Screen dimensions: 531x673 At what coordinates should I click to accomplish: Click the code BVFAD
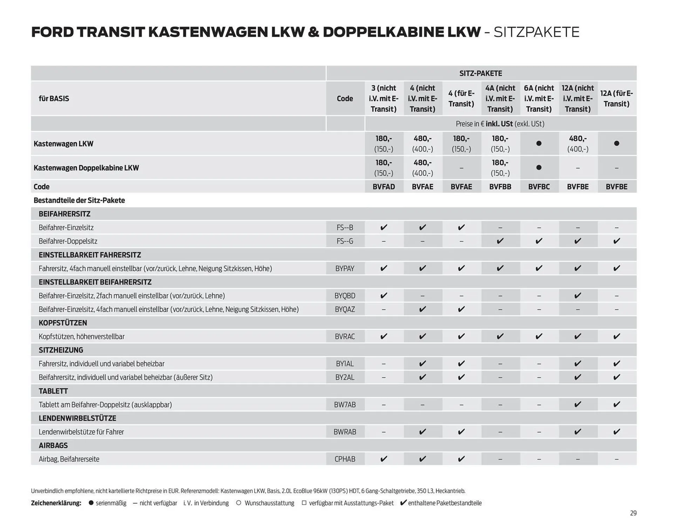tap(383, 187)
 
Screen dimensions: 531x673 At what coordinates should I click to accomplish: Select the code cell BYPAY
tap(345, 268)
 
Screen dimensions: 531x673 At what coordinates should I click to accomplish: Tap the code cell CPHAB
tap(345, 459)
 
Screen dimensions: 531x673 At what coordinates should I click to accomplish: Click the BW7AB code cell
tap(345, 404)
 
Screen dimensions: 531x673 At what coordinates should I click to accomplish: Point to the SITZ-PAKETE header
tap(481, 73)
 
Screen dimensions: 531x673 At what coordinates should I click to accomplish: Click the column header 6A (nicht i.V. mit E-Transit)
tap(539, 99)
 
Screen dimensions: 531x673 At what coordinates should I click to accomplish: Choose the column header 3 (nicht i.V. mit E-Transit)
tap(383, 99)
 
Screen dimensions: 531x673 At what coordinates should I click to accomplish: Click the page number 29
tap(633, 513)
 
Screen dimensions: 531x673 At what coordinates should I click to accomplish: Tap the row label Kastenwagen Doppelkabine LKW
tap(86, 168)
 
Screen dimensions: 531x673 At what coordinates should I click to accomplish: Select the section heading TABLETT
tap(53, 391)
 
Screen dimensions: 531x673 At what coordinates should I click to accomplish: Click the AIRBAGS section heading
tap(53, 445)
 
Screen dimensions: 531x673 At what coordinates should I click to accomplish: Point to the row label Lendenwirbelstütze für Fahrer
tap(81, 432)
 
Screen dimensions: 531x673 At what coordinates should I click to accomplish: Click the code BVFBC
tap(539, 187)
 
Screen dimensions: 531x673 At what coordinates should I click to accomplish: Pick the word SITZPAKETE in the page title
tap(536, 32)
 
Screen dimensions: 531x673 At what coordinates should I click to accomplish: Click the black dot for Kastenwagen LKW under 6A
tap(539, 143)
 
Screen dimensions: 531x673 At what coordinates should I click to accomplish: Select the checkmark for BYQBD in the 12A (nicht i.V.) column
tap(578, 296)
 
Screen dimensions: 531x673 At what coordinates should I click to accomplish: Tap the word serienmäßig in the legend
tap(111, 503)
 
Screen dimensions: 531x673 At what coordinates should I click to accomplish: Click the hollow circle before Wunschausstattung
tap(239, 503)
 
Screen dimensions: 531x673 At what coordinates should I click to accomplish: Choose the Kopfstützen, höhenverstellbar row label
tap(82, 336)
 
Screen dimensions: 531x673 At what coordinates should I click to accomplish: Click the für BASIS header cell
tap(54, 99)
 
